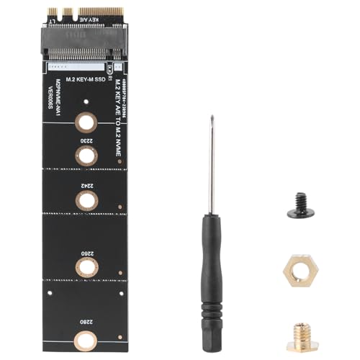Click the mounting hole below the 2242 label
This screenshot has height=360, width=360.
tap(85, 201)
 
